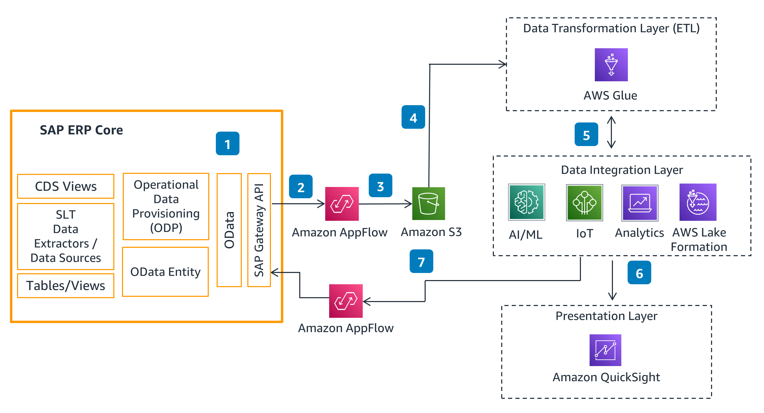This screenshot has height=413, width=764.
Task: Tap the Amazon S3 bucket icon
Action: (x=428, y=203)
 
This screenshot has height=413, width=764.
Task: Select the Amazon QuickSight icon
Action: (x=605, y=350)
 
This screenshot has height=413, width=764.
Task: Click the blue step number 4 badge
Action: (x=413, y=117)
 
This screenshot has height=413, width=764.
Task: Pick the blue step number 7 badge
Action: (x=421, y=261)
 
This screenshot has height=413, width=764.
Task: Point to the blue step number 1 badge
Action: (x=227, y=143)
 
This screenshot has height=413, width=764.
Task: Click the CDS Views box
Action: (x=66, y=186)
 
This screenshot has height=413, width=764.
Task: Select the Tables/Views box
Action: (x=66, y=286)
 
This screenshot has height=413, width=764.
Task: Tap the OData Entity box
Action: (x=165, y=272)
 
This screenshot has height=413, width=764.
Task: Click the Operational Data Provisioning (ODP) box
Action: (x=166, y=206)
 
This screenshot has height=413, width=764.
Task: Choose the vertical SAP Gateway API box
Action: (x=259, y=230)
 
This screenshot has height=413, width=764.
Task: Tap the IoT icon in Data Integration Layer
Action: (x=584, y=202)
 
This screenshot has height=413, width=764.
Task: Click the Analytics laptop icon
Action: (x=639, y=203)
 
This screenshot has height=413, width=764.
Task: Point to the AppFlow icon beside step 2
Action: (x=342, y=204)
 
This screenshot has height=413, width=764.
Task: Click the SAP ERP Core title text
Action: (x=81, y=130)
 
